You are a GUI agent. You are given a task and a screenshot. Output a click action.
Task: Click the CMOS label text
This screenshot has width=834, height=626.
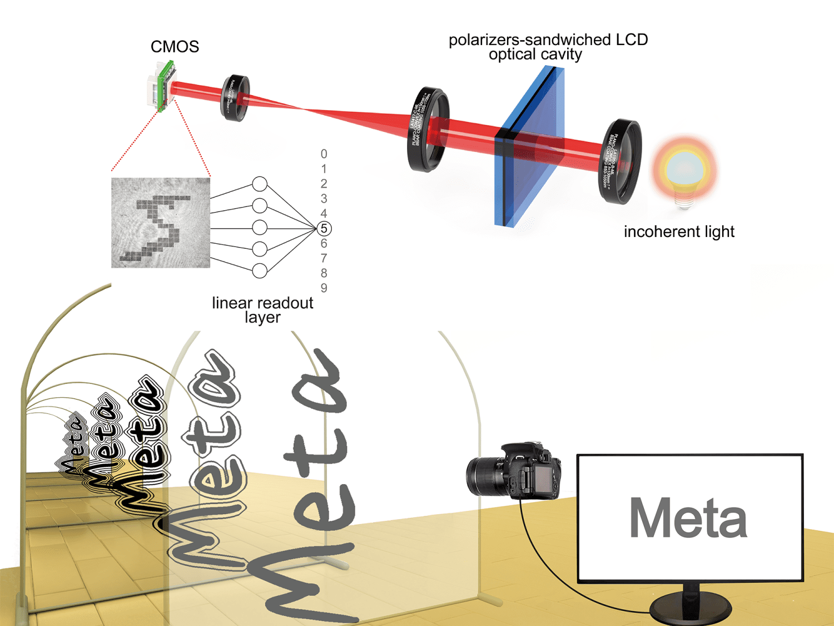(x=175, y=47)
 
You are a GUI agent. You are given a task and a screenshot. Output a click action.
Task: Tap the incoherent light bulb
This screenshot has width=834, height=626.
(x=684, y=170)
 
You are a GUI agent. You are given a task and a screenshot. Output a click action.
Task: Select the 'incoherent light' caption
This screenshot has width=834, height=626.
(x=679, y=231)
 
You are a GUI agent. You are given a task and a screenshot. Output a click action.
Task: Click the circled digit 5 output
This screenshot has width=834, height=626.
(x=324, y=229)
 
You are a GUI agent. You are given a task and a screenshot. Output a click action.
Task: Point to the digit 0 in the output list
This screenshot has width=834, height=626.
(x=324, y=154)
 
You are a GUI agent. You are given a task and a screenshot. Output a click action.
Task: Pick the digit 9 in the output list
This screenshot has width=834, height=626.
(x=324, y=288)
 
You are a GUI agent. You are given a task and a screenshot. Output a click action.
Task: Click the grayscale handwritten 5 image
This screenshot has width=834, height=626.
(x=161, y=223)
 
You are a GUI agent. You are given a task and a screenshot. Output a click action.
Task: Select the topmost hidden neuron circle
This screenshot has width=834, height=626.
(x=260, y=184)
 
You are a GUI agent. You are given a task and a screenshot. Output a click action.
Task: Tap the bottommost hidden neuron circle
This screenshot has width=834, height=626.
(x=260, y=271)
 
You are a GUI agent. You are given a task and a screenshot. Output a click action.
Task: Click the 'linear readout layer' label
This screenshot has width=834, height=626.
(x=262, y=310)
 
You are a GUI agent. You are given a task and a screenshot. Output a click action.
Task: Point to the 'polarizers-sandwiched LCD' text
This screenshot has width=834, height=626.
(x=548, y=40)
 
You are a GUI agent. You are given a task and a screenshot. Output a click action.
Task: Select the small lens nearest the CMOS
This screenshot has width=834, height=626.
(x=235, y=98)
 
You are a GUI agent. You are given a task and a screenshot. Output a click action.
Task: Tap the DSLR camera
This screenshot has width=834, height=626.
(x=514, y=470)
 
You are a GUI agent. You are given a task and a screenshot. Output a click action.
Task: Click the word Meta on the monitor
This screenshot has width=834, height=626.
(x=688, y=519)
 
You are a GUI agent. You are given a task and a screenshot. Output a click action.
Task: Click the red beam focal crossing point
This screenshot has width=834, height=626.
(x=303, y=109)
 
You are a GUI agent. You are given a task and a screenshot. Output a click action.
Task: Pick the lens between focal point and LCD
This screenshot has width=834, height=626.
(x=428, y=129)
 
